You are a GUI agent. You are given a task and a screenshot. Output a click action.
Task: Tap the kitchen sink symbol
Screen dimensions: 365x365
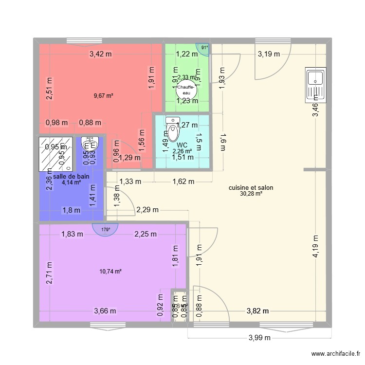coord(315,86)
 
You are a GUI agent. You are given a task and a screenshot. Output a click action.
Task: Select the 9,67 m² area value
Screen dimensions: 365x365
coord(103,96)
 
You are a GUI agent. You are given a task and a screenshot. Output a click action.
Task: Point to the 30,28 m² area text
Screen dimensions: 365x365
coord(251,194)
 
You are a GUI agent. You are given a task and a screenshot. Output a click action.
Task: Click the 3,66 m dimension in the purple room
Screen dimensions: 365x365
coord(105,311)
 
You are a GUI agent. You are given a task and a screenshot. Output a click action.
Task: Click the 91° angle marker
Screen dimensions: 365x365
coord(204,48)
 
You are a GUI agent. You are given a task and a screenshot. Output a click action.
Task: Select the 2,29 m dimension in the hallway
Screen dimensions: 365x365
coord(147,210)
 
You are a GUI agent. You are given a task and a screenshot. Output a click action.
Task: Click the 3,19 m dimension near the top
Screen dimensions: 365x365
coord(269,54)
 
